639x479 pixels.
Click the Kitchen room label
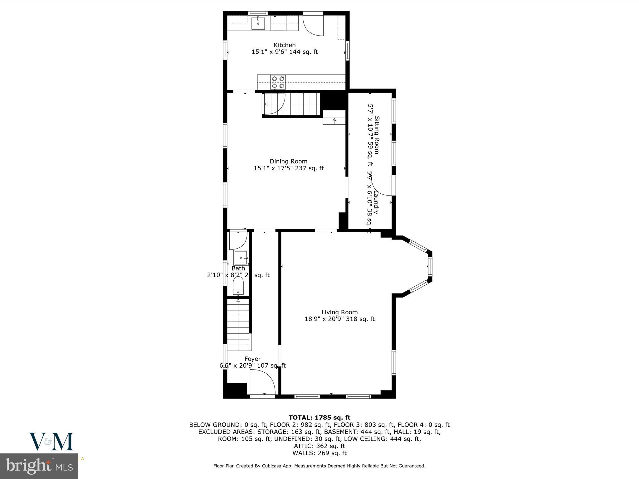[x=285, y=45]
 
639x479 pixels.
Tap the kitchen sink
[x=258, y=23]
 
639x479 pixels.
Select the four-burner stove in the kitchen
[x=278, y=82]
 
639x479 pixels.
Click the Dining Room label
[x=288, y=161]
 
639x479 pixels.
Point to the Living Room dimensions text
[x=339, y=319]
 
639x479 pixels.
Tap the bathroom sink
[x=241, y=258]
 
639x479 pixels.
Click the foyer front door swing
[x=262, y=383]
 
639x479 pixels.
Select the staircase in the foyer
[x=239, y=324]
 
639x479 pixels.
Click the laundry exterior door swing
[x=382, y=185]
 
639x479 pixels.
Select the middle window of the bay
[x=430, y=266]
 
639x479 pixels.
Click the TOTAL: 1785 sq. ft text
[x=319, y=418]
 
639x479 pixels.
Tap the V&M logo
[x=51, y=441]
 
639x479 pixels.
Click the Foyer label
[x=252, y=359]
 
